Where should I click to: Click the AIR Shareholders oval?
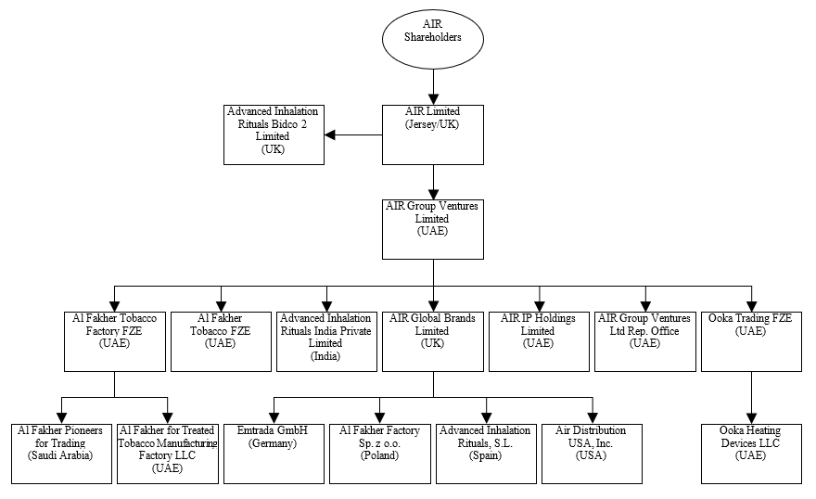coord(432,37)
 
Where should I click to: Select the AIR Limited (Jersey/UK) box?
coord(433,134)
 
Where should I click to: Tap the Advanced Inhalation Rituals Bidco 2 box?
coord(274,134)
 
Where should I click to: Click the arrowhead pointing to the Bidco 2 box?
coord(330,135)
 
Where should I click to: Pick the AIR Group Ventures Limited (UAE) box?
coord(433,228)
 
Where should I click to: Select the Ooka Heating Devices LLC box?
coord(751,453)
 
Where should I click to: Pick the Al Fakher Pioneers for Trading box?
coord(61,453)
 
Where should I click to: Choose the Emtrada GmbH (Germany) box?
coord(274,453)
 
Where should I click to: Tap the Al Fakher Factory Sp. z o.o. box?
coord(380,453)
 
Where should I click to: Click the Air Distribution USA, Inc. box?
coord(592,453)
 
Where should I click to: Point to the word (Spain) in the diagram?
coord(485,455)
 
